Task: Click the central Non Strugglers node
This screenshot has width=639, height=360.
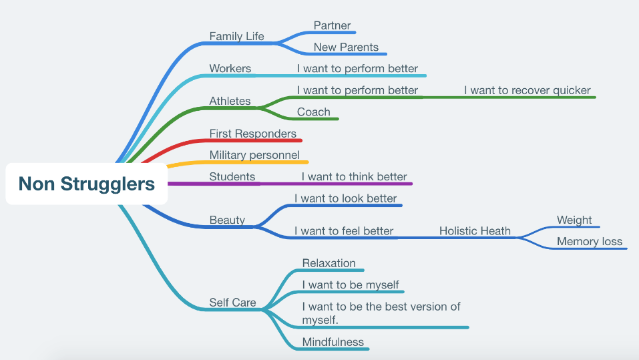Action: pos(86,184)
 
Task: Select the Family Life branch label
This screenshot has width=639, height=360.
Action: pos(236,37)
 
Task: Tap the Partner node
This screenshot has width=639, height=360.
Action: pos(332,26)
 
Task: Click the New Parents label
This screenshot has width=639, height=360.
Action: pos(346,47)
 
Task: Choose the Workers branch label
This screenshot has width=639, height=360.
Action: pos(230,68)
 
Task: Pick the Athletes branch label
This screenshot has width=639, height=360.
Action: pos(230,102)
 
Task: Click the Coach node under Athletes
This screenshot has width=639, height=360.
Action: pos(313,112)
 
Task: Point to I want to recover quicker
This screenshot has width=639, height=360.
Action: pos(527,91)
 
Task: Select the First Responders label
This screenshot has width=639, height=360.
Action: pos(252,134)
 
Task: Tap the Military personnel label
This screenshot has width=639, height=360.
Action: pos(254,155)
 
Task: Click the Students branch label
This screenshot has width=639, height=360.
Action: pos(232,177)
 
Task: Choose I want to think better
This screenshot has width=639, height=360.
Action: pos(354,177)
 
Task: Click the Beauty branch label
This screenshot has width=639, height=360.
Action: pos(227,220)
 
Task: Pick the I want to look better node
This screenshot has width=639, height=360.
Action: pos(345,198)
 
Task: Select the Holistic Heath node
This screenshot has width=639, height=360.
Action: pos(475,231)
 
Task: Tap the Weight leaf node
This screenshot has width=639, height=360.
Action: pos(574,220)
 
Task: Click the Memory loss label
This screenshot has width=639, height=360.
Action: pos(589,242)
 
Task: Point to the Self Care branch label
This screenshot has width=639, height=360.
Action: pos(232,303)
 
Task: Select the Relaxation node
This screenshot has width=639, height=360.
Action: pos(329,263)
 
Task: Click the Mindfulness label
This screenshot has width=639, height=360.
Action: pos(333,342)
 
